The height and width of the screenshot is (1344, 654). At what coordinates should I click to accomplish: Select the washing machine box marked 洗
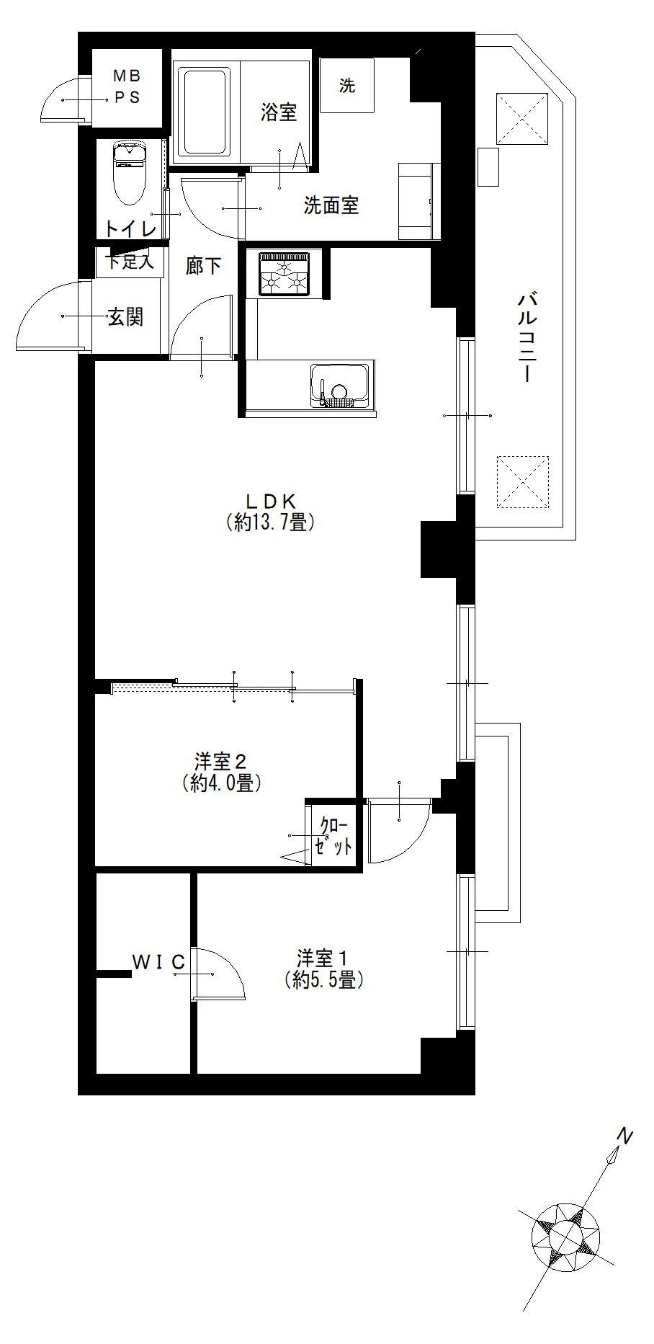(347, 86)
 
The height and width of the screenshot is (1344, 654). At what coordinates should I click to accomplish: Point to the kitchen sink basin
(339, 385)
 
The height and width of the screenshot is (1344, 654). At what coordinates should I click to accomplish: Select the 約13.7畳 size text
(269, 522)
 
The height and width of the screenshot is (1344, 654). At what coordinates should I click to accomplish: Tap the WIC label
(158, 961)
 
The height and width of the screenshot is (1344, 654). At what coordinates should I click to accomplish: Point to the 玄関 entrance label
(125, 316)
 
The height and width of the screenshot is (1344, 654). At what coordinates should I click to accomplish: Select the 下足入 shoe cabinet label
(130, 262)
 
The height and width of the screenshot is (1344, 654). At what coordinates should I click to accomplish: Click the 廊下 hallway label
(203, 266)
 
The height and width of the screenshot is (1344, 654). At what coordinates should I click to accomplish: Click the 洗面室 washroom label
(331, 206)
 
